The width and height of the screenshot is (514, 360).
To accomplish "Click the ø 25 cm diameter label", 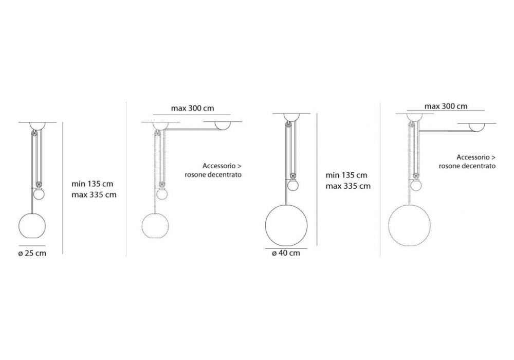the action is tap(32, 253).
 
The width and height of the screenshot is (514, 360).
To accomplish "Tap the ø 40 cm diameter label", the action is tap(286, 253).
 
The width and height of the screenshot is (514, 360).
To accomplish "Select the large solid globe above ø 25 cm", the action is tap(32, 226).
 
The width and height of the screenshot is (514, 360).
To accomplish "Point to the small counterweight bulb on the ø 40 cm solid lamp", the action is tap(293, 185).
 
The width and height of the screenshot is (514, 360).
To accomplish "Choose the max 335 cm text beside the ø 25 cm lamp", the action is tap(94, 195).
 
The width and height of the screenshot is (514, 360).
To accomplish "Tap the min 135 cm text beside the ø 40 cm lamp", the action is tap(346, 175).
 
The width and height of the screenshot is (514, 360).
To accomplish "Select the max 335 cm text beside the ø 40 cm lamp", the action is tap(348, 186).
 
